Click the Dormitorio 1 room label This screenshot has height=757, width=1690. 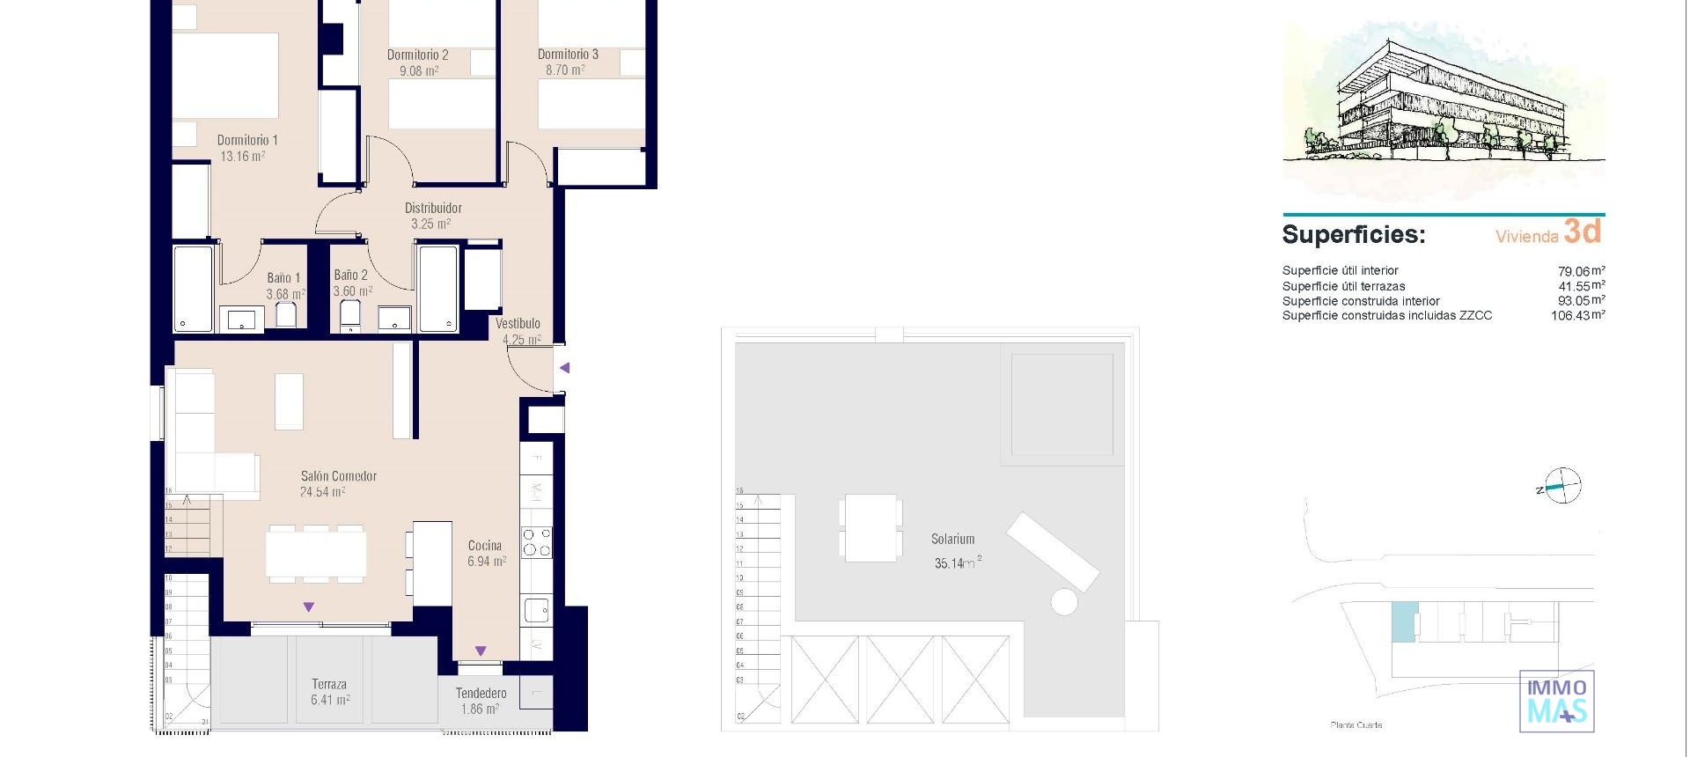click(247, 140)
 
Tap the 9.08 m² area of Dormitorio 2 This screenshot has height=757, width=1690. click(419, 71)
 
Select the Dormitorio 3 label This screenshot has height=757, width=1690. click(568, 55)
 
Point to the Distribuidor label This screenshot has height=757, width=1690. click(433, 209)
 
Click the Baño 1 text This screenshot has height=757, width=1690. click(283, 278)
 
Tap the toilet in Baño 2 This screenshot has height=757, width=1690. click(350, 315)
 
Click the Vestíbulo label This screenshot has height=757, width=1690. click(518, 324)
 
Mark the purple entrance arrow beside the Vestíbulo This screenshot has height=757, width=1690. click(565, 368)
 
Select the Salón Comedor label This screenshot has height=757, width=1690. click(339, 476)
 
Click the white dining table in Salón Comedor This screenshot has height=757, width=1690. click(316, 554)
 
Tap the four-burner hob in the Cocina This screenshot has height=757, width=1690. click(536, 542)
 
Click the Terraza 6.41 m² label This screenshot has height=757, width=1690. click(329, 693)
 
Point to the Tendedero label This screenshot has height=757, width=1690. click(481, 694)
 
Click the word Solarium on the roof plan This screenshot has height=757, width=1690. click(952, 539)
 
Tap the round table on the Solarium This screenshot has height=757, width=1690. click(1064, 602)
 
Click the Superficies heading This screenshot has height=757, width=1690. click(1353, 235)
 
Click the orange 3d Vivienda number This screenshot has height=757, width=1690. click(1582, 232)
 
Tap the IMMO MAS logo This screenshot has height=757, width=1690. click(1557, 702)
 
